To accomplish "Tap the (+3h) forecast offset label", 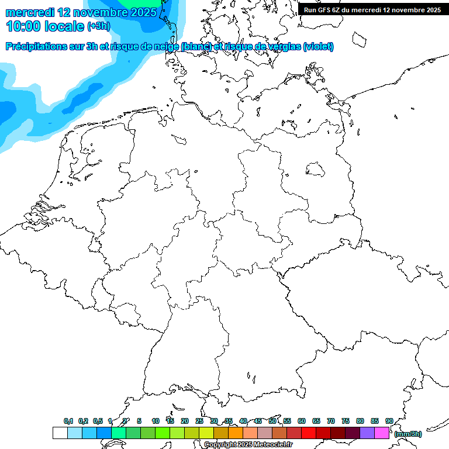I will pos(98,26).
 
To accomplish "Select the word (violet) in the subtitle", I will pos(319,47).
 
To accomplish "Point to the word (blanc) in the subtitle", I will pos(196,47).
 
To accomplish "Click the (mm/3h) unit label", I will pos(407,434).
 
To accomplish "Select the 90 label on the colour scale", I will pos(389,421).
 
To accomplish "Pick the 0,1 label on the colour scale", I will pos(68,421).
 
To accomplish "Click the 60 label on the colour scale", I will pos(302,421).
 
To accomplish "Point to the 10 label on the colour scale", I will pos(156,421).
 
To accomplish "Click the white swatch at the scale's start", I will pos(60,433).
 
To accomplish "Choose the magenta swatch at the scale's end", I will pos(382,433).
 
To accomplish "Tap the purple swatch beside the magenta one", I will pos(367,433).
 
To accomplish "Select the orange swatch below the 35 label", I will pos(236,433).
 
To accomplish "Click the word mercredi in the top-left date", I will pos(30,12).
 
